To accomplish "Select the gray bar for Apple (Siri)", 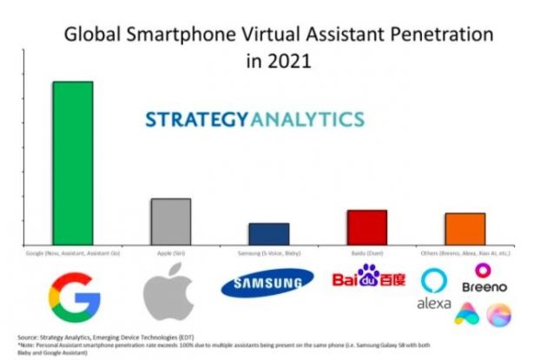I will click(170, 222).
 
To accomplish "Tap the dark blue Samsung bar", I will click(268, 234).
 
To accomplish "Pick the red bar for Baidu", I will click(367, 227).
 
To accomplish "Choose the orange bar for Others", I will click(465, 229).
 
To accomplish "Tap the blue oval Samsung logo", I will click(267, 284).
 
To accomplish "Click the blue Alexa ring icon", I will click(433, 280).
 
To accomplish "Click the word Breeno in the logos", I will click(484, 285).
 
